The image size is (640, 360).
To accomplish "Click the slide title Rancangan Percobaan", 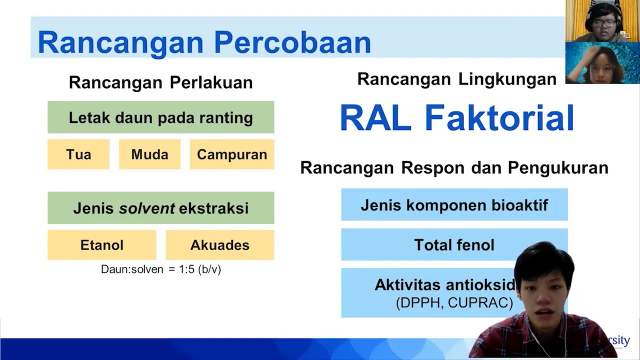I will (204, 42).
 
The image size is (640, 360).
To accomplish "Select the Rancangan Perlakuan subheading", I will (160, 82).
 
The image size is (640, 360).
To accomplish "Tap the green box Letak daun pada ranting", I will (160, 117).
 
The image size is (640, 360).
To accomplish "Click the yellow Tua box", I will (78, 154).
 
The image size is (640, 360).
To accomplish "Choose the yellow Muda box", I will (149, 154).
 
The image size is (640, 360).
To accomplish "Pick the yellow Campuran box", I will (232, 154).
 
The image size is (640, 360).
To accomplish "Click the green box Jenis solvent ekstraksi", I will (160, 208).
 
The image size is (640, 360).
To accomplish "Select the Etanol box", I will (101, 245).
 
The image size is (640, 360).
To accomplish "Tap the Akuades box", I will (220, 245).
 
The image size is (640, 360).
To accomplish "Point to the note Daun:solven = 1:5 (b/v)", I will (160, 269).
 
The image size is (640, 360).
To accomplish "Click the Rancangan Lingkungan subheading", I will (456, 79).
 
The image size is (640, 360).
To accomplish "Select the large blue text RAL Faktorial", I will (456, 118).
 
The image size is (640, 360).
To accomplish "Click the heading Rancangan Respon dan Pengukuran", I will (454, 168).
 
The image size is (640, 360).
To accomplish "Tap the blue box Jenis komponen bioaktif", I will (454, 205).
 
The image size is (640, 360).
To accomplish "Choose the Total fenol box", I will (454, 245).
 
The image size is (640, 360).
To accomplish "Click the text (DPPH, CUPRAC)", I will (454, 303).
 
